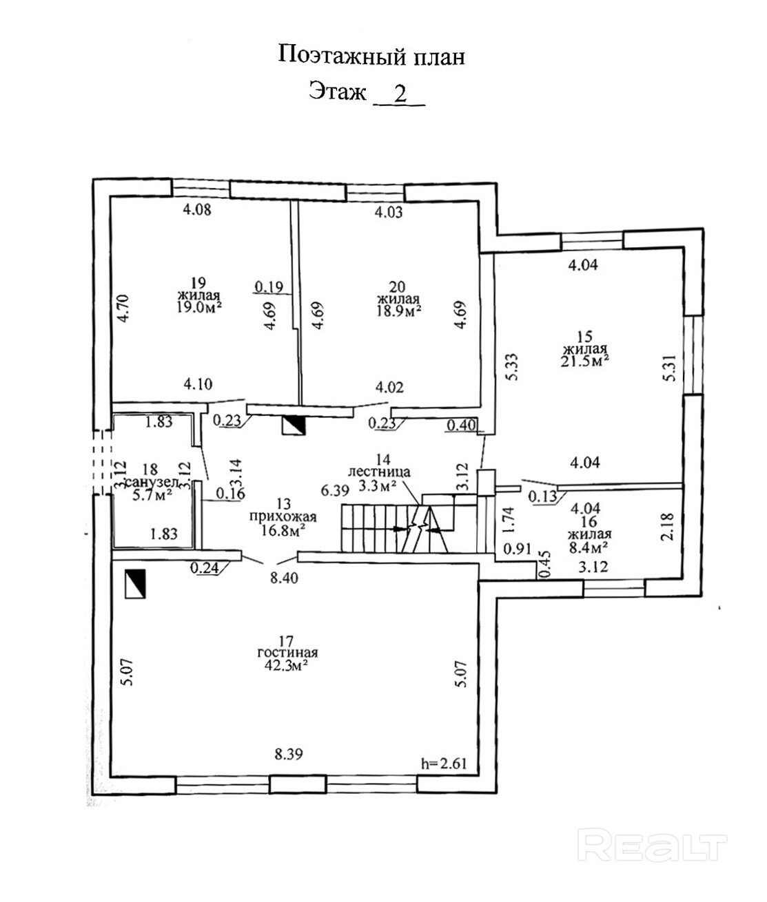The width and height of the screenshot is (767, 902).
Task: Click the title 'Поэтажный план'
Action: click(x=371, y=56)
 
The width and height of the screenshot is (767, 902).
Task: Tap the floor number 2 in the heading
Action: click(x=400, y=93)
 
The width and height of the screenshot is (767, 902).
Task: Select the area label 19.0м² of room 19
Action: click(x=199, y=307)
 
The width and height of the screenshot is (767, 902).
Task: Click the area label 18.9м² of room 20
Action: click(x=399, y=311)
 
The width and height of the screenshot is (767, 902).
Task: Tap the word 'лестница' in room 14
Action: click(x=379, y=472)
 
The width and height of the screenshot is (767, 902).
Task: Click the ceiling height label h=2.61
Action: click(x=444, y=763)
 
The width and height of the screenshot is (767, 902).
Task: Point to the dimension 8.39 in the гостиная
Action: click(x=289, y=754)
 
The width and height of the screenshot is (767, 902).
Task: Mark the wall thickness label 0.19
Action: click(x=269, y=286)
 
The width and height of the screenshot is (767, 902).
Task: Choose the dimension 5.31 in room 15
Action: click(x=668, y=370)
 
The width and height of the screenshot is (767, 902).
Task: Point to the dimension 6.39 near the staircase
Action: click(x=334, y=491)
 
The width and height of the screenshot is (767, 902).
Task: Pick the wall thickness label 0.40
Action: click(x=461, y=426)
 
